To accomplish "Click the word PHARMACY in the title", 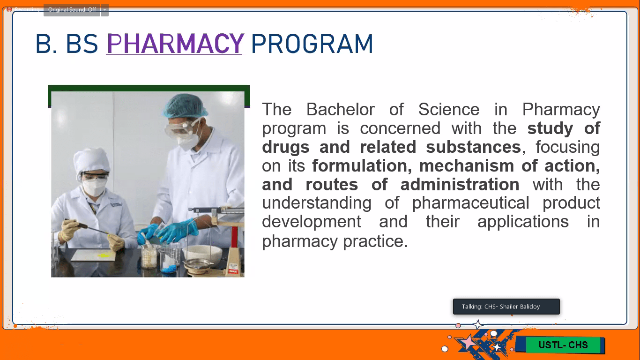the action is click(175, 44).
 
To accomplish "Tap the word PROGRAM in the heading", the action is click(312, 44).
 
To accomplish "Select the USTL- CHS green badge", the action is click(563, 345).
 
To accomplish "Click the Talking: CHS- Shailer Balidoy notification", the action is click(506, 307).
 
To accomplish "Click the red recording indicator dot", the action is click(9, 9).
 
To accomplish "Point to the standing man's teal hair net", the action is click(185, 106).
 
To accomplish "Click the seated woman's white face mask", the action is click(94, 187).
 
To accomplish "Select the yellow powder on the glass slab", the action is click(104, 255).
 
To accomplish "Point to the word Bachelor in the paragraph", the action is click(340, 110).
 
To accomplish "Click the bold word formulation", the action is click(362, 166).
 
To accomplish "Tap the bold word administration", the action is click(460, 185).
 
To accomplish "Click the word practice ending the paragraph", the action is click(375, 241).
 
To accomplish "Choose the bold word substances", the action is click(473, 147).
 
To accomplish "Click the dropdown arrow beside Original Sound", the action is click(105, 10).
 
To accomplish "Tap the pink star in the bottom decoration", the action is click(467, 342).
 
